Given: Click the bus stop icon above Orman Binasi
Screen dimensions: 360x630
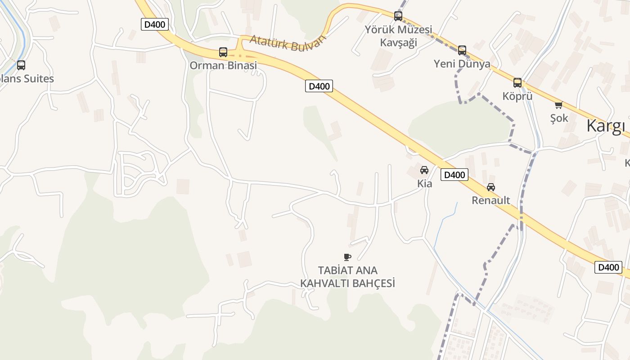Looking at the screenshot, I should pos(223,52).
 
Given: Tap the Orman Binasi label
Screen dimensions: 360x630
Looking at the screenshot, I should pos(223,66).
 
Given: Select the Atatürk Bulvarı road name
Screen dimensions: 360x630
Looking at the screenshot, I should pos(287,43).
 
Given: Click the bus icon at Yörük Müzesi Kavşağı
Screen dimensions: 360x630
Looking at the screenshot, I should pos(398,16).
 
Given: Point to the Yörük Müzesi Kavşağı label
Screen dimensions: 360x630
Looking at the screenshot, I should pos(398,36).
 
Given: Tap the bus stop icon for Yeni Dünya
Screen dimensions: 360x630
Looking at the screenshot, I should pos(462,50).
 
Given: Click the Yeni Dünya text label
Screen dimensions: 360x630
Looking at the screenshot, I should pos(462,64).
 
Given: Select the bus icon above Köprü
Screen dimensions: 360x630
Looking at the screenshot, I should pos(517,82).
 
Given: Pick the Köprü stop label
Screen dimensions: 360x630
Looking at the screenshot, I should pos(517,96).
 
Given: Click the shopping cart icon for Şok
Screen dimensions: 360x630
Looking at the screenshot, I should pos(558,105).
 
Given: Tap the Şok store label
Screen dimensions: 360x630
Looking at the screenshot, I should pos(559,118).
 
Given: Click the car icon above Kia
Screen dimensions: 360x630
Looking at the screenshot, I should pos(424,170).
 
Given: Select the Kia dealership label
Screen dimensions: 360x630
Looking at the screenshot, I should pos(425,184).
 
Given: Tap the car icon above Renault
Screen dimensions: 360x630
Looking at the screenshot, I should pos(491,187).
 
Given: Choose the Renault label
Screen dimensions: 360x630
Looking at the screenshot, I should pos(491,200).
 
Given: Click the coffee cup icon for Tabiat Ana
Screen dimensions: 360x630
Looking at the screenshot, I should pos(347,257).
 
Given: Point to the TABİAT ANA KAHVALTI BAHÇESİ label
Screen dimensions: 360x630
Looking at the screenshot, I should pos(347,277).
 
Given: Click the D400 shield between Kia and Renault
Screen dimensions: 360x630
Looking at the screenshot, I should pos(454,175).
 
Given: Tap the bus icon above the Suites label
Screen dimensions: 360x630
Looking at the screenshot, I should pos(21,65).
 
